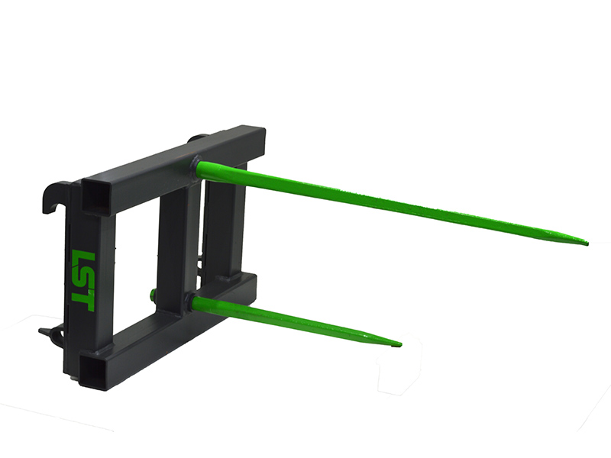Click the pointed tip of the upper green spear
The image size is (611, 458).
[587, 244]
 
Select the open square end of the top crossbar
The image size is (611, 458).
[95, 197]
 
